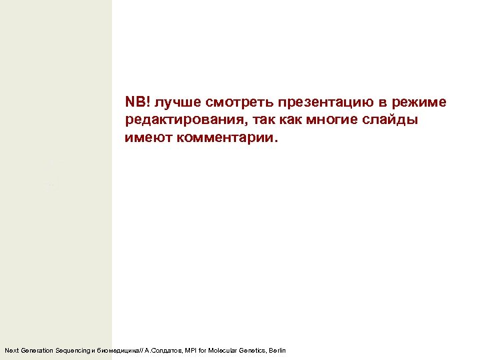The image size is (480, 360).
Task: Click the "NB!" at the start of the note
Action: [x=137, y=103]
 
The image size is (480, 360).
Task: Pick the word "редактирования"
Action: [x=182, y=121]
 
